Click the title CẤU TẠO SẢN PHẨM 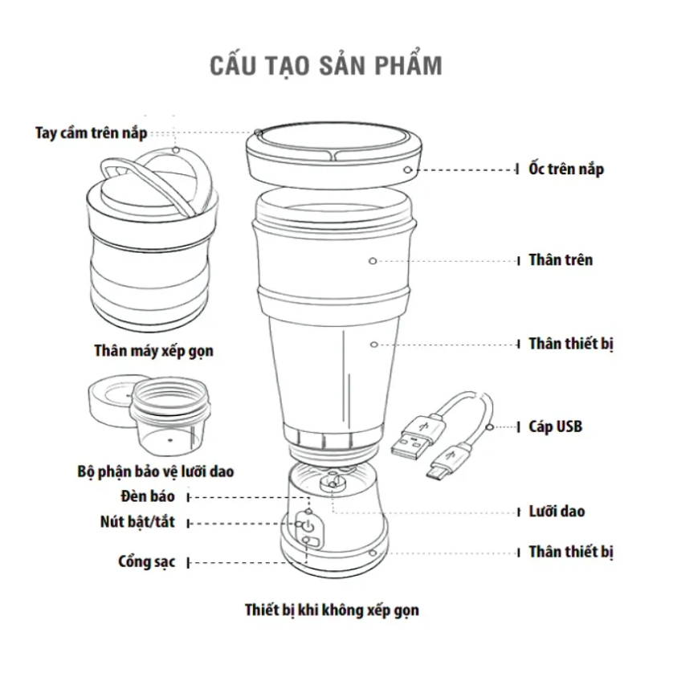tap(326, 64)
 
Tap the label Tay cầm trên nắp tap(91, 133)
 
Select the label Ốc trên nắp tap(566, 169)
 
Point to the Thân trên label tap(561, 259)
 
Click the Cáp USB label tap(556, 426)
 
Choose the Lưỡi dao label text tap(557, 511)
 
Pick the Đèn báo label tap(148, 496)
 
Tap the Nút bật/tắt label tap(137, 521)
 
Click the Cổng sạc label tap(146, 561)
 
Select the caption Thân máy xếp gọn tap(153, 351)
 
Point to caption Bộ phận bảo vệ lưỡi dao tap(155, 471)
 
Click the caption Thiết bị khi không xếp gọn tap(332, 610)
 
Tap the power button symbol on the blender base tap(308, 525)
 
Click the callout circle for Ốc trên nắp tap(407, 170)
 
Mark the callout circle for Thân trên tap(373, 261)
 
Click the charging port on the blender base tap(311, 541)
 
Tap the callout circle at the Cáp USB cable tap(490, 427)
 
